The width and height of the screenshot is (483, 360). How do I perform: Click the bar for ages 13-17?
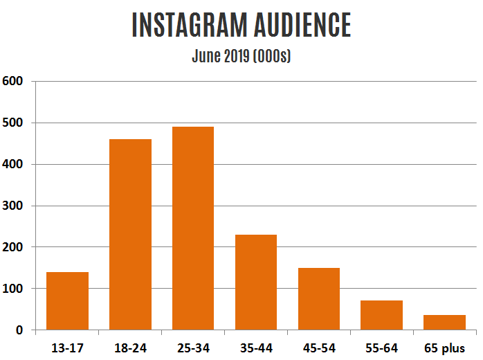(x=67, y=301)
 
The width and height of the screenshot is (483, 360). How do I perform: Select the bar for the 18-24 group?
(x=130, y=235)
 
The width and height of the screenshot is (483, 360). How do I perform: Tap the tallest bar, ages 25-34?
(x=193, y=228)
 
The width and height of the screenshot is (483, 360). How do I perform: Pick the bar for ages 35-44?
(x=255, y=282)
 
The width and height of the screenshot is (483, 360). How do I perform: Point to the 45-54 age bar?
(x=318, y=299)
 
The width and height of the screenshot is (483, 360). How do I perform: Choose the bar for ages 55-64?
(x=381, y=316)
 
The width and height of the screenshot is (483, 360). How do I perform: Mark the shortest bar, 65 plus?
(x=444, y=323)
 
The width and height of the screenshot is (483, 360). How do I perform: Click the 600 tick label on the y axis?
(x=14, y=81)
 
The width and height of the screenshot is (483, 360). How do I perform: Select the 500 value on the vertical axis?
(x=14, y=123)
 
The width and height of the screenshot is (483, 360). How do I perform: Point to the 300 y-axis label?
(x=14, y=206)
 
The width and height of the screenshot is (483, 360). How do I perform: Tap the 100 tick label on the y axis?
(x=14, y=289)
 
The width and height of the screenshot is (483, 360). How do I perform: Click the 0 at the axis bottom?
(x=20, y=330)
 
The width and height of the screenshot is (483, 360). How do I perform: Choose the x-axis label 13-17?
(x=67, y=348)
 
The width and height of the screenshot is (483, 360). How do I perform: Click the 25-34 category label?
(x=193, y=348)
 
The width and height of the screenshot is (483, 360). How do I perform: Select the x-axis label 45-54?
(x=318, y=348)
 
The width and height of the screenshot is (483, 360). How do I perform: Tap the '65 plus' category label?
(x=444, y=348)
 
